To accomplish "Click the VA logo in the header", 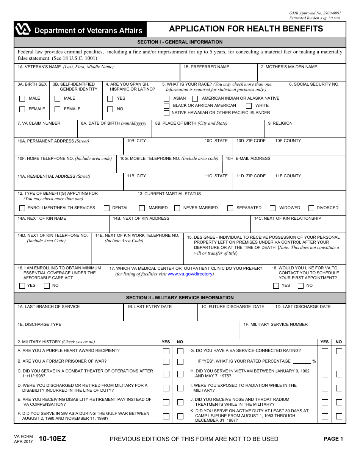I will pos(22,29).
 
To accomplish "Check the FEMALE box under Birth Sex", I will pos(22,109).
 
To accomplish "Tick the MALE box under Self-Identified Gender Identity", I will pos(58,99).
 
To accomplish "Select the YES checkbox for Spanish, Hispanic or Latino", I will pos(110,99).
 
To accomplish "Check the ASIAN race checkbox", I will pos(167,99).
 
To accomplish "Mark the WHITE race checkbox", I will pos(249,106).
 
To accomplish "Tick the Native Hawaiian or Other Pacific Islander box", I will pos(167,113).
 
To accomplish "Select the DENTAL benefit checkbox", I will pos(107,208).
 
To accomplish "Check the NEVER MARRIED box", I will pos(177,208).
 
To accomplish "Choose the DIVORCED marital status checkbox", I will pos(311,208).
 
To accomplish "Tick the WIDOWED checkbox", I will pos(272,208).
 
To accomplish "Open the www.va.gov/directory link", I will pos(190,274).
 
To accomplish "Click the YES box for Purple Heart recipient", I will pos(166,351).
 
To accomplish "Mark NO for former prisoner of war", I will pos(180,362).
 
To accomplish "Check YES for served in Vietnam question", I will pos(325,374).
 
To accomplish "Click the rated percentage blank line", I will pos(302,362).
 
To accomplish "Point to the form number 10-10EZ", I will pos(50,439).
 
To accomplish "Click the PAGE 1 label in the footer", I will pos(333,439).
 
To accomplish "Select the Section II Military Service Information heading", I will pos(180,298).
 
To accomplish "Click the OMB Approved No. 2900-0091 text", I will pos(315,13).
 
